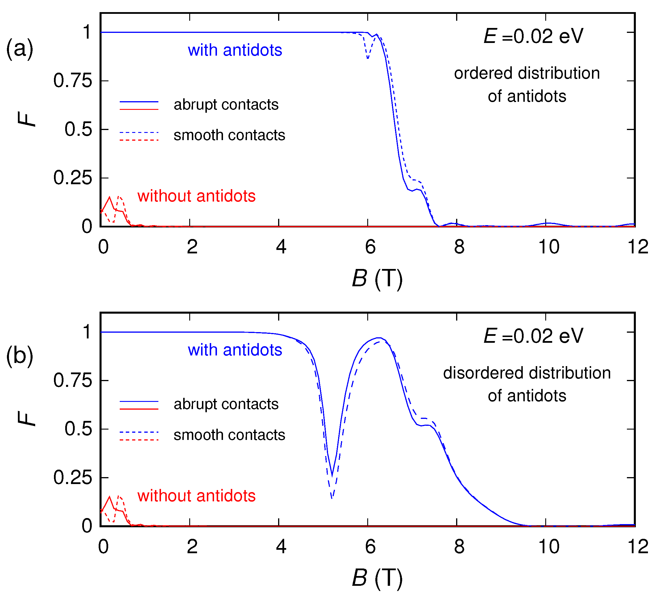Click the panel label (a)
point(19,49)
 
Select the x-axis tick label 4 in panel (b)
point(281,547)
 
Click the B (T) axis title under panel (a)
point(377,278)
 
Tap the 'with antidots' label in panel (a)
point(235,50)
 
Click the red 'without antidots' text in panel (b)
point(196,496)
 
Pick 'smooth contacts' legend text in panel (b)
point(229,435)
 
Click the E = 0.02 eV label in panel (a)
point(534,36)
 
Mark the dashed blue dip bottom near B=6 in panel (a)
point(368,59)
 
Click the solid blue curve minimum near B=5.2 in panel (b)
point(332,475)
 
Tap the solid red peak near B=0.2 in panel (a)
point(109,197)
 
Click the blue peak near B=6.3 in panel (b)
point(379,338)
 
